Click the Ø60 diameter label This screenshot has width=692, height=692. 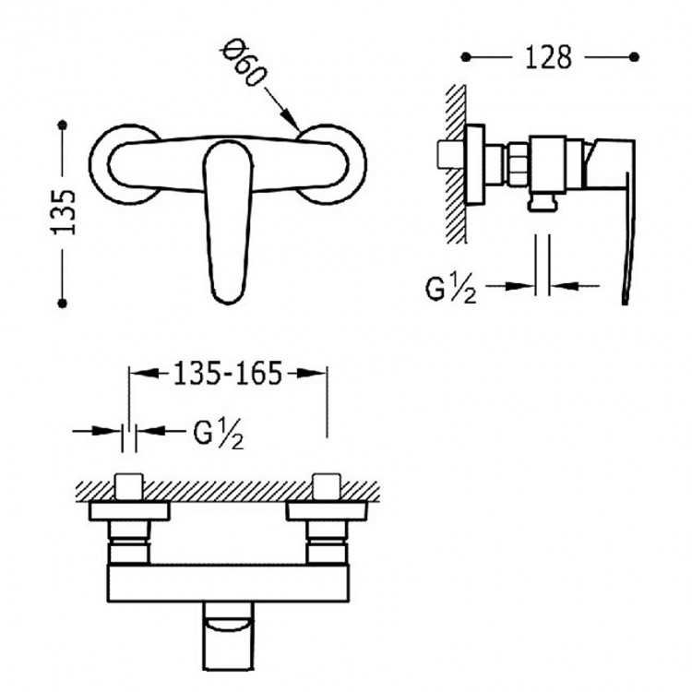tap(245, 63)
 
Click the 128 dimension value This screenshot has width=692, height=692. tap(548, 57)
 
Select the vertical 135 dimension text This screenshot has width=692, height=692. tap(64, 213)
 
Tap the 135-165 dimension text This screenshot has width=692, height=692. tap(227, 374)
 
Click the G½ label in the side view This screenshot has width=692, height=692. tap(450, 290)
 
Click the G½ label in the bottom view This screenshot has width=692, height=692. tap(219, 434)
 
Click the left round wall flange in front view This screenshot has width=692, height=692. tap(125, 164)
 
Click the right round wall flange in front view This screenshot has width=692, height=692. tap(331, 164)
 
